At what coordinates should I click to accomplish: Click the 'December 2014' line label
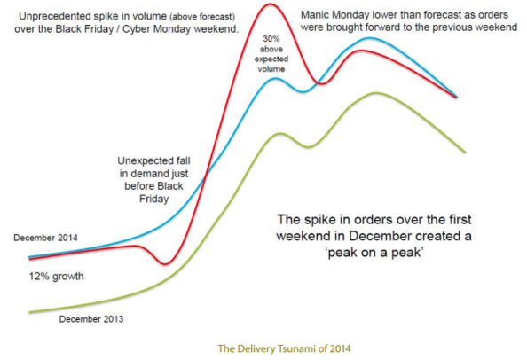(x=45, y=238)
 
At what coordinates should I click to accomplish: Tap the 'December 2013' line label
(x=91, y=318)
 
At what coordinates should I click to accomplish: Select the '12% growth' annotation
(x=56, y=277)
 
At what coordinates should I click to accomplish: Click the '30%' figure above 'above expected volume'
(x=271, y=39)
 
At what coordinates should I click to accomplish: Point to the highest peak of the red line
(x=270, y=4)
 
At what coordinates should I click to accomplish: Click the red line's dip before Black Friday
(x=165, y=263)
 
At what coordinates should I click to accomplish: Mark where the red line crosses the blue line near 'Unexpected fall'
(x=206, y=175)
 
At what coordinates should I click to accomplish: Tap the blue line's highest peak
(x=370, y=38)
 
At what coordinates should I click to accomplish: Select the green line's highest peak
(x=374, y=93)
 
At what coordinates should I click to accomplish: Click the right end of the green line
(x=465, y=153)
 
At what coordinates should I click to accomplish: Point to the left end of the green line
(x=29, y=312)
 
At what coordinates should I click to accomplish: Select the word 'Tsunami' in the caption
(x=295, y=348)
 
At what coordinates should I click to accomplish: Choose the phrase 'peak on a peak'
(x=374, y=252)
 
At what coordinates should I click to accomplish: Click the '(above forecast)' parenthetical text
(x=202, y=17)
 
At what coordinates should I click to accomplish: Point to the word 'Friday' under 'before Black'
(x=154, y=199)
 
